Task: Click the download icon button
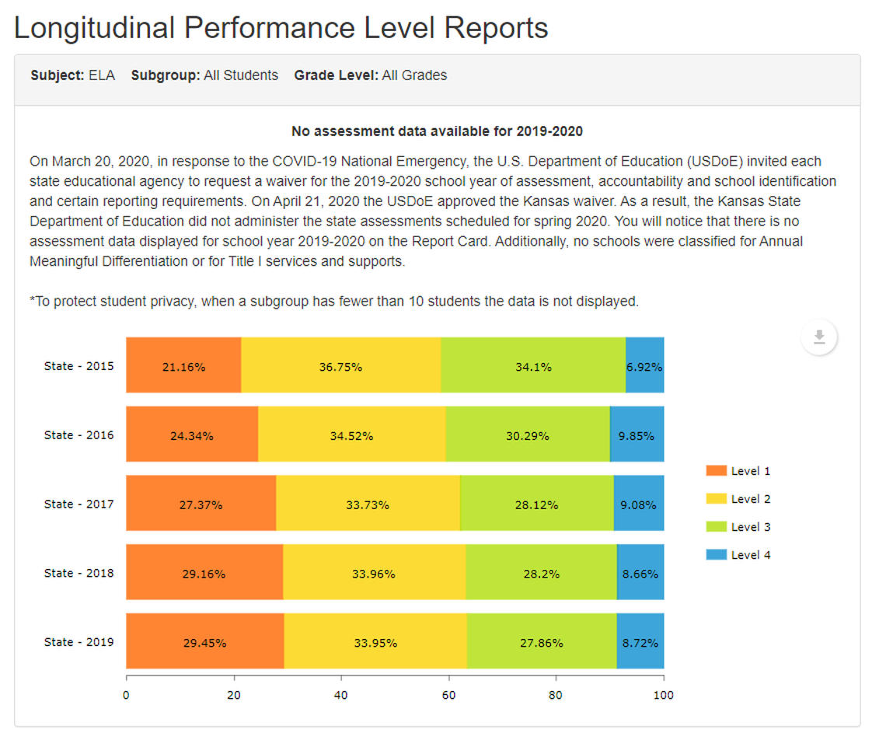click(x=818, y=337)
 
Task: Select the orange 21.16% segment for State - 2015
click(x=183, y=365)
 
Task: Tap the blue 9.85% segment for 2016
click(x=637, y=435)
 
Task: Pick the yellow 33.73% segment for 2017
click(x=368, y=504)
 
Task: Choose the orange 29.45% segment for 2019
click(x=204, y=641)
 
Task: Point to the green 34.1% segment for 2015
click(x=533, y=365)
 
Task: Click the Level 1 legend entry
click(x=738, y=471)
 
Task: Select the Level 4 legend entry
click(x=738, y=555)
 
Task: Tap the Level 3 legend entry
click(x=738, y=527)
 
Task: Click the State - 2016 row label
click(x=78, y=435)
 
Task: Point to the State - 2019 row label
click(x=78, y=642)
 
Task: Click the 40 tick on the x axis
click(x=341, y=695)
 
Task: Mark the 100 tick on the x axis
click(x=663, y=695)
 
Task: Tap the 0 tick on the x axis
click(x=126, y=695)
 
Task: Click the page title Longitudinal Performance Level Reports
click(x=281, y=28)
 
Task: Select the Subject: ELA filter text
click(x=72, y=75)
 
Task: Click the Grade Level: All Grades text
click(x=371, y=75)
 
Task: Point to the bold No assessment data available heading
click(x=437, y=131)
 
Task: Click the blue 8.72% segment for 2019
click(x=640, y=641)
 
